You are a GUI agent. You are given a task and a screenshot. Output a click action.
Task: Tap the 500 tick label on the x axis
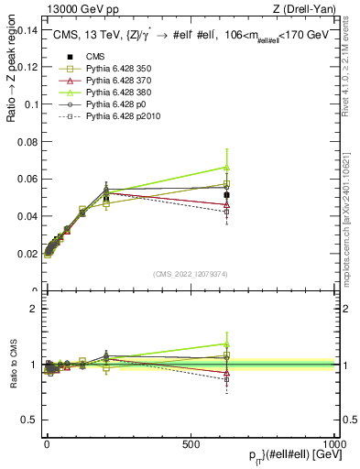click(x=191, y=443)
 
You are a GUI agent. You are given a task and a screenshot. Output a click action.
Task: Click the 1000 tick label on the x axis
click(x=334, y=443)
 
